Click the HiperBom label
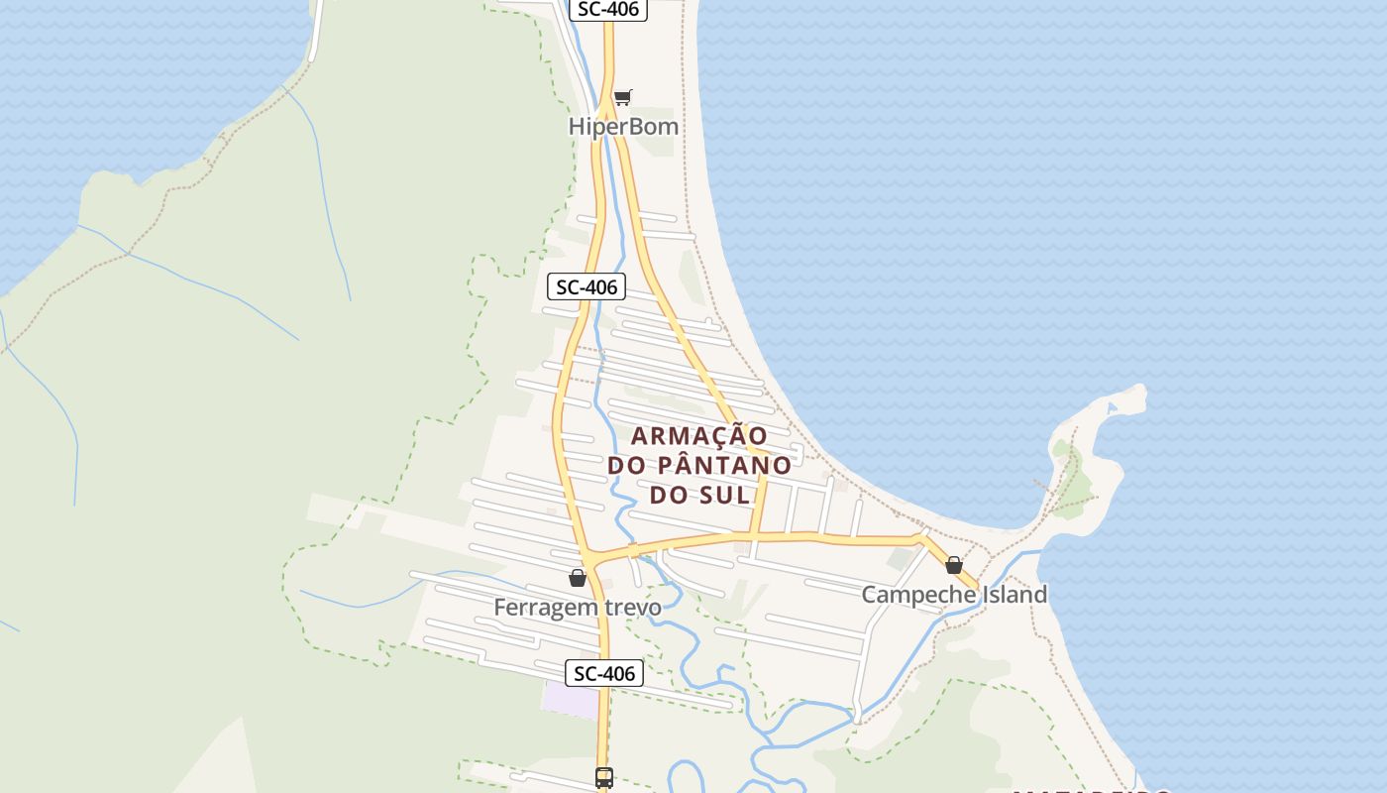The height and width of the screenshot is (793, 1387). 623,127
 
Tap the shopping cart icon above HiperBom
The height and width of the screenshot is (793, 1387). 622,97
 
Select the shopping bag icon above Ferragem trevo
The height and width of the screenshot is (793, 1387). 578,578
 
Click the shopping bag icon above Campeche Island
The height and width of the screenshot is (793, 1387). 954,565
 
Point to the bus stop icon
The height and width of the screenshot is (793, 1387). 604,778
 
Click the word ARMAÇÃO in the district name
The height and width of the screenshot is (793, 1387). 699,435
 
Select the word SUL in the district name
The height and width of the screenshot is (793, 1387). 725,495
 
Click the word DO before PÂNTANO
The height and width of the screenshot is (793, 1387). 627,465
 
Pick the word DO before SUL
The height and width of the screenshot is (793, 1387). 670,495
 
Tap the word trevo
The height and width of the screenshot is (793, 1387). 630,608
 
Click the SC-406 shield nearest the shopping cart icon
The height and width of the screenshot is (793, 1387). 608,10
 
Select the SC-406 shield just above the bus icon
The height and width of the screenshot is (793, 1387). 604,674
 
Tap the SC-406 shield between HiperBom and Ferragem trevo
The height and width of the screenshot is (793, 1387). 587,287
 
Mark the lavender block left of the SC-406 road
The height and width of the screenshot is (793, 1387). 571,698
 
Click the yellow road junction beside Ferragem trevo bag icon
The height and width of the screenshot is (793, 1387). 591,558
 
